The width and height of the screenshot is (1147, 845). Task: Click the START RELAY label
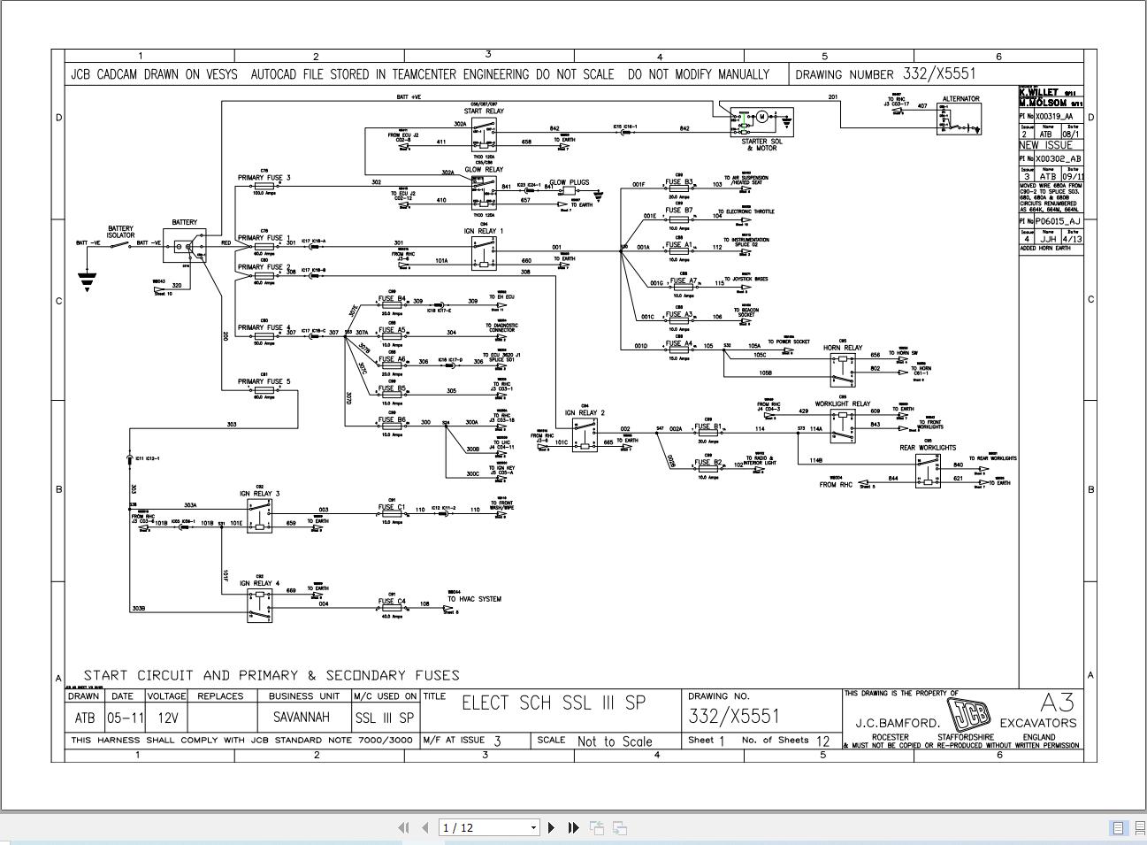(x=484, y=111)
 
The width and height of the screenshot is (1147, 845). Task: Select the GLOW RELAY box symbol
(x=484, y=192)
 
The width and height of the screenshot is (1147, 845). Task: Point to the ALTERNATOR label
(x=960, y=99)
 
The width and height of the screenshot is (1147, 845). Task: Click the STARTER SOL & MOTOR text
(x=761, y=144)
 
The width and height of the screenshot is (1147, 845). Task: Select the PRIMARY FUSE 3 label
(x=264, y=178)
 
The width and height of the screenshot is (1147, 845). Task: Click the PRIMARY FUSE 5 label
(x=264, y=382)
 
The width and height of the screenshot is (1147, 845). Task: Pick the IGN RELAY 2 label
(x=585, y=413)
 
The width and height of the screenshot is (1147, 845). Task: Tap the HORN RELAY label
(x=842, y=348)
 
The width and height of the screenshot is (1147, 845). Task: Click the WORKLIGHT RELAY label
(x=842, y=403)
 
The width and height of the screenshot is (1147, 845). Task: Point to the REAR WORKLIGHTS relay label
(x=928, y=448)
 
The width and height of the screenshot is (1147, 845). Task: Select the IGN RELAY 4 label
(x=259, y=583)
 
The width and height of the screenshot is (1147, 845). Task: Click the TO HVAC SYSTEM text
(x=474, y=599)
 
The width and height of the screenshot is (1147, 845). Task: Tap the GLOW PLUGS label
(x=569, y=183)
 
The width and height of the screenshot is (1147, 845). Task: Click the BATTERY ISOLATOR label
(x=120, y=232)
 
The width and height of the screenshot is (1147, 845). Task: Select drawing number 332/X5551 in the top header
(x=938, y=74)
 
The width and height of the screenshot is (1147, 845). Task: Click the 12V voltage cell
(x=165, y=718)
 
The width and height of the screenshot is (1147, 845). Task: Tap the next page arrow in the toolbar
(x=552, y=827)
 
